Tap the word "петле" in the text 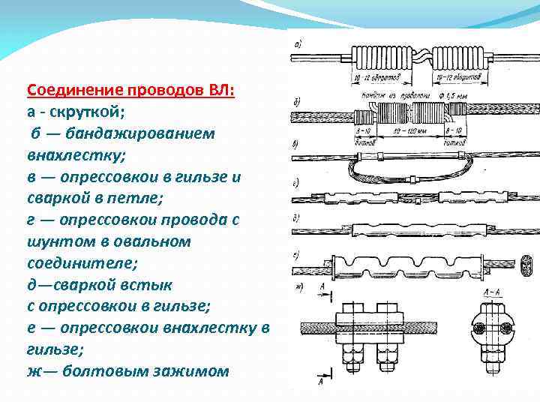[x=114, y=199]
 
